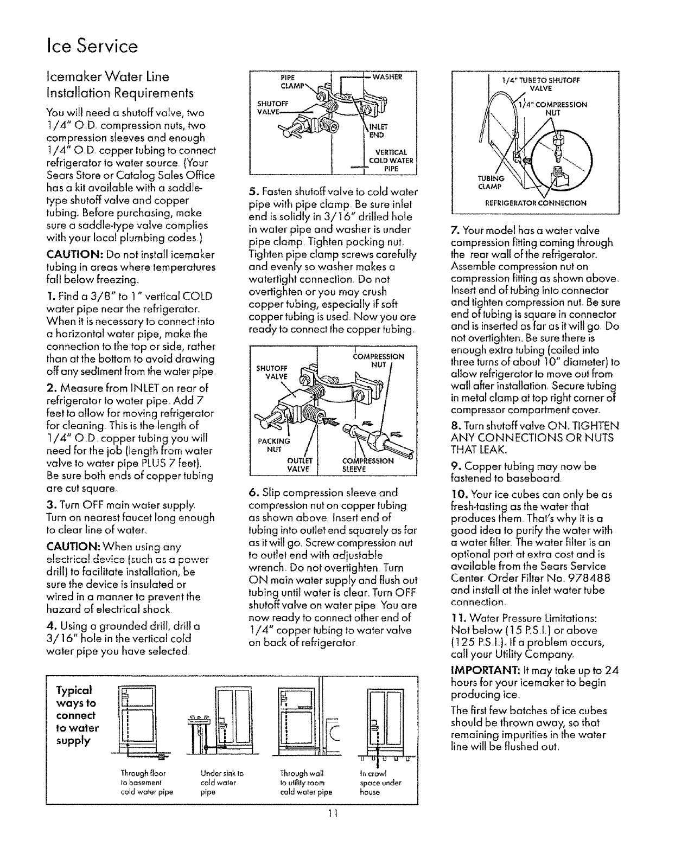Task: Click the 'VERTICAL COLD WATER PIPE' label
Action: (391, 159)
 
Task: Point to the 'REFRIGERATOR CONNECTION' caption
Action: (531, 203)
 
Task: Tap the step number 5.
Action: (252, 192)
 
